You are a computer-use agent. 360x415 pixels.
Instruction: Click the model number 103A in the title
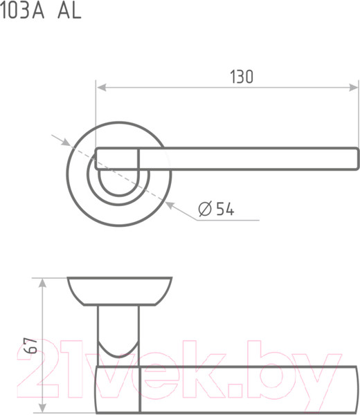[22, 11]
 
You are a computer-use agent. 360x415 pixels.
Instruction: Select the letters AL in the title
[69, 11]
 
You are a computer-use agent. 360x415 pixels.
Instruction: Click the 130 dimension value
[242, 77]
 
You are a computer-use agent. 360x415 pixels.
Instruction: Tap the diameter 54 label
[217, 209]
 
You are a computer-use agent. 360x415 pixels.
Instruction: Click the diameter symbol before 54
[206, 209]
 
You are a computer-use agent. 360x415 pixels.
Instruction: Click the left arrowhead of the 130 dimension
[102, 87]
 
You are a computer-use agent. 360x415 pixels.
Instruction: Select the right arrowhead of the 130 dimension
[353, 87]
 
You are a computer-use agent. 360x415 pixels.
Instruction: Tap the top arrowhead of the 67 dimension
[42, 283]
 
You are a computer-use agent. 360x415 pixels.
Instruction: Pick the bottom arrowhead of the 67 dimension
[42, 407]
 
